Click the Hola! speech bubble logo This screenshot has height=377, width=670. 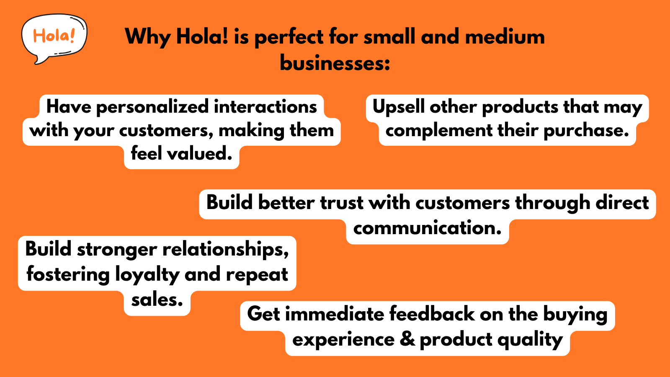coord(54,38)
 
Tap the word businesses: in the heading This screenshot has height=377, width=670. coord(335,64)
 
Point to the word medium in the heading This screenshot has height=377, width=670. coord(505,37)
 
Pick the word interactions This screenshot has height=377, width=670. coord(265,107)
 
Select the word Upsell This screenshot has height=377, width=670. coord(398,107)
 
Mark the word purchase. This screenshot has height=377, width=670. coord(586,131)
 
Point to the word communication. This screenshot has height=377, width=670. coord(427,228)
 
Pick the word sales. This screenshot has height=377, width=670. coord(157,300)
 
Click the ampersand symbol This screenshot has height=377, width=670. coord(407,339)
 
